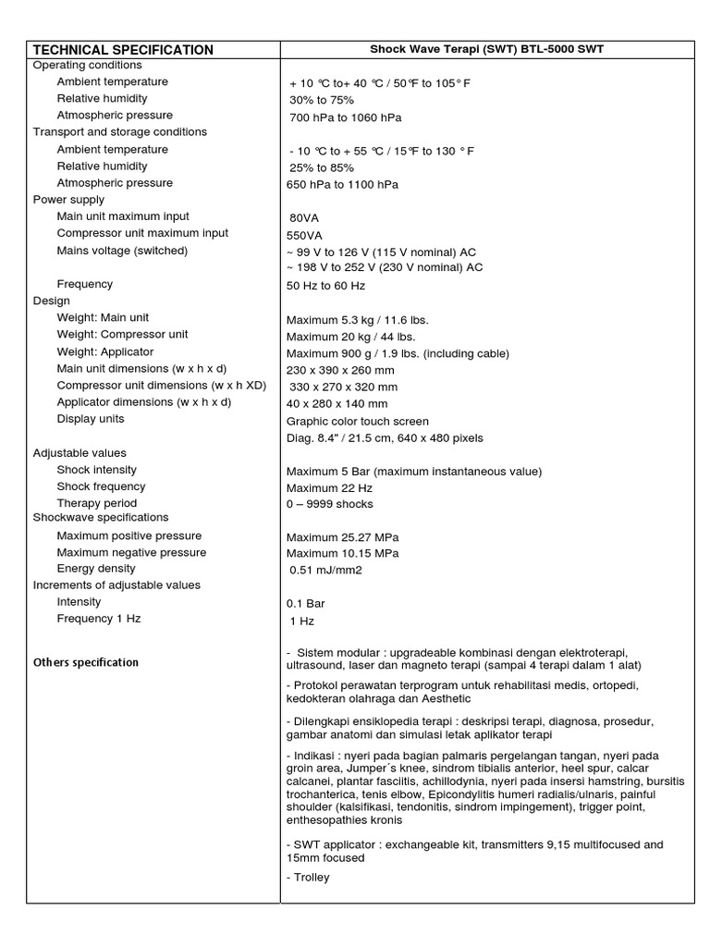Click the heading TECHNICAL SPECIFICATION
tap(123, 50)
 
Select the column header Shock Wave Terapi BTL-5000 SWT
tap(487, 50)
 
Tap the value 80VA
tap(304, 218)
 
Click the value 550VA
tap(305, 235)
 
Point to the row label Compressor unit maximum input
tap(142, 233)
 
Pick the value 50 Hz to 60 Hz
tap(326, 286)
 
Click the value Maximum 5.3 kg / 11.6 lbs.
tap(358, 320)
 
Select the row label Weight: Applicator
tap(105, 351)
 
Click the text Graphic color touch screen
tap(358, 421)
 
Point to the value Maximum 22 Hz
tap(330, 487)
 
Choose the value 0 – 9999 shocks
tap(330, 504)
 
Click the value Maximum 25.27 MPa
tap(343, 536)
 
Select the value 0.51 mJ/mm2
tap(325, 570)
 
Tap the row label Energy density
tap(96, 569)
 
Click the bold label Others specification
tap(86, 662)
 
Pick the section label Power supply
tap(69, 199)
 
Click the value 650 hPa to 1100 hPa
tap(343, 184)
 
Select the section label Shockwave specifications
tap(101, 517)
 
